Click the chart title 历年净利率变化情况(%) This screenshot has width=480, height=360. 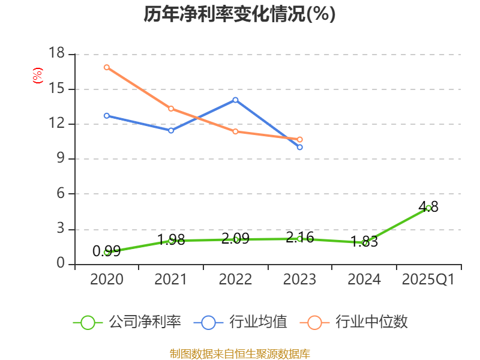point(239,14)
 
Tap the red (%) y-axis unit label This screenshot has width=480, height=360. point(37,76)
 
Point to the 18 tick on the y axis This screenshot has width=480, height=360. point(56,54)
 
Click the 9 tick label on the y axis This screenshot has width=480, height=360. point(61,159)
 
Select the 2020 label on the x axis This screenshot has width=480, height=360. point(106,279)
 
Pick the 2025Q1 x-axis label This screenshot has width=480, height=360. point(428,279)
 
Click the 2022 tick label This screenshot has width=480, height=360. point(235,279)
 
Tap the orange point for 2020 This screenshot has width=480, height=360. point(106,67)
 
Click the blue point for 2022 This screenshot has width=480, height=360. point(235,100)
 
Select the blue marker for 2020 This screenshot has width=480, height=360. point(106,115)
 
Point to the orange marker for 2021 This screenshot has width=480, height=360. point(171,109)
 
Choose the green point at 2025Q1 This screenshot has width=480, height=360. point(428,208)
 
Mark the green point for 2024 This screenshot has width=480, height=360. point(364,243)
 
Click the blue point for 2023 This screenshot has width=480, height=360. point(300,147)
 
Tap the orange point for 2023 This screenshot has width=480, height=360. point(300,139)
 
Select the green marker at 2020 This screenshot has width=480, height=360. point(106,252)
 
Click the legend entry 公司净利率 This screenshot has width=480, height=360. point(127,322)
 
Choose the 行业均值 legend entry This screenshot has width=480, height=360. point(241,322)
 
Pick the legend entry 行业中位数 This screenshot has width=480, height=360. point(358,322)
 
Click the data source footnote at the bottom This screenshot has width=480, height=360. point(239,353)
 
